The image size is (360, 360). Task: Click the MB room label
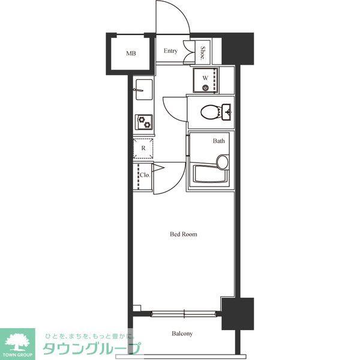(131, 53)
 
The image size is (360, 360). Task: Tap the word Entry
(170, 51)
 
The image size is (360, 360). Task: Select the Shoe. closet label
(203, 53)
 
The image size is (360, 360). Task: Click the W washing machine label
(205, 78)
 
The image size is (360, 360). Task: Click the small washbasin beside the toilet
(227, 112)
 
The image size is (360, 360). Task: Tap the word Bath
(218, 141)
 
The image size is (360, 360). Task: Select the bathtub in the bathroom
(211, 174)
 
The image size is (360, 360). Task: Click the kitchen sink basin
(144, 89)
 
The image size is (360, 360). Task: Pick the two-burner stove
(144, 122)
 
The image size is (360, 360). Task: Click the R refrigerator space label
(143, 148)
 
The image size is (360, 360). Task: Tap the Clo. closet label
(145, 175)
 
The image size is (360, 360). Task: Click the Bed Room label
(184, 234)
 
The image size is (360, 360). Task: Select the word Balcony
(182, 334)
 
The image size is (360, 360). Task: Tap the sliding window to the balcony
(184, 314)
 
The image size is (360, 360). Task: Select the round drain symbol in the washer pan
(205, 88)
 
